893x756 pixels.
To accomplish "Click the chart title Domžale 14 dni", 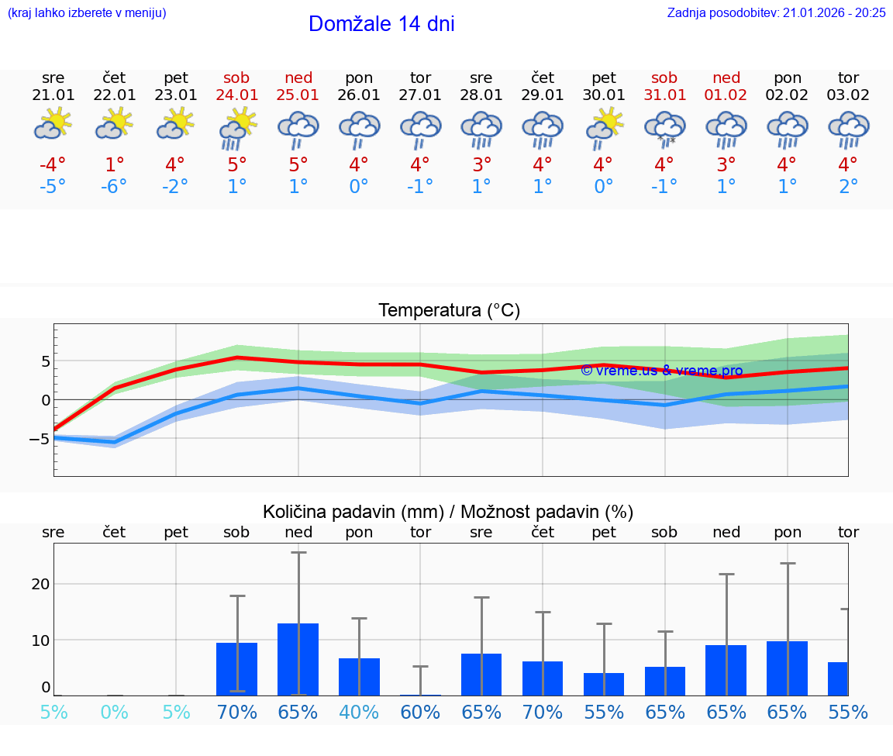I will coord(381,24).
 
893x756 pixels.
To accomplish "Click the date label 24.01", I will coord(237,95).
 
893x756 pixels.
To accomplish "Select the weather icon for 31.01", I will coord(664,127).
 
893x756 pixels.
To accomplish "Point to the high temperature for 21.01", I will coord(53,165).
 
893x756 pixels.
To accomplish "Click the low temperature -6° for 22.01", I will coord(114,187).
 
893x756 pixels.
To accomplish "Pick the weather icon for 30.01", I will coord(604,127).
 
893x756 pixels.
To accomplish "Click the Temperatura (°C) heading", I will coord(449,310).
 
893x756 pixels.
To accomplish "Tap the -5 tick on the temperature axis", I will coord(40,439).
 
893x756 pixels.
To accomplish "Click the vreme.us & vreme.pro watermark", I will coord(661,371).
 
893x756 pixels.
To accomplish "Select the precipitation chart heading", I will coord(448,512).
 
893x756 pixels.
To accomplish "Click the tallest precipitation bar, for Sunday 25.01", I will coord(298,659).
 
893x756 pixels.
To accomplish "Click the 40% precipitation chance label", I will coord(359,712).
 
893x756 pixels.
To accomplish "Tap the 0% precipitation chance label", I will coord(114,712).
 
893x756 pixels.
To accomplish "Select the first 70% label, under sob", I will coord(237,712).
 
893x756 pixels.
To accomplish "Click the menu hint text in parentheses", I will coord(87,12).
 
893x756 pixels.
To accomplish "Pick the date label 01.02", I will coord(726,95).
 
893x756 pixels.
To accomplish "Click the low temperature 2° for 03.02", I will coord(848,187).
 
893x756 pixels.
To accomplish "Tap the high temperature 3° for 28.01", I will coord(481,165).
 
